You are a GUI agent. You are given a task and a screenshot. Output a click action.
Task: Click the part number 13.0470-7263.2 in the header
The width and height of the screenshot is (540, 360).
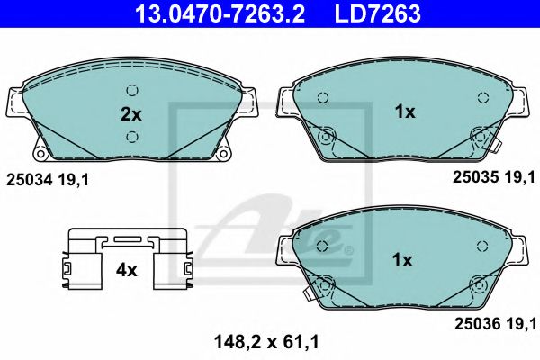220,13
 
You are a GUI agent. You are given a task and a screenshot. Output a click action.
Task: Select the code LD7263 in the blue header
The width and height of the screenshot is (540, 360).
377,13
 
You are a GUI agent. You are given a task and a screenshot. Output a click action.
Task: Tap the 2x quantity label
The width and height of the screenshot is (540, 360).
130,114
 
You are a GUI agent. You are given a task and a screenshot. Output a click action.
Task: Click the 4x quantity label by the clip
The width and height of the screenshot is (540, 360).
126,270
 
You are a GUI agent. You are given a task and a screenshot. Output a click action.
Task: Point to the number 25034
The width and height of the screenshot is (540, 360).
30,180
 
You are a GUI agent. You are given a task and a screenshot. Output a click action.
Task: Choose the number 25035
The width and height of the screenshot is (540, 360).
475,177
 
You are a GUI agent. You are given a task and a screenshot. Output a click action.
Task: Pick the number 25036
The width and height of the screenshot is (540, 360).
477,324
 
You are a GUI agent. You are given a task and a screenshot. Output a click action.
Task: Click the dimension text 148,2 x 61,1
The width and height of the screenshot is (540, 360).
266,342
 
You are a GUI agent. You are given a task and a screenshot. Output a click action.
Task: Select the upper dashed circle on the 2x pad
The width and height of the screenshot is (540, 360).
132,91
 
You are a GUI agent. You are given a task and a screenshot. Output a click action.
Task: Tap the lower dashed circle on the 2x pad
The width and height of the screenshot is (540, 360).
132,137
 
